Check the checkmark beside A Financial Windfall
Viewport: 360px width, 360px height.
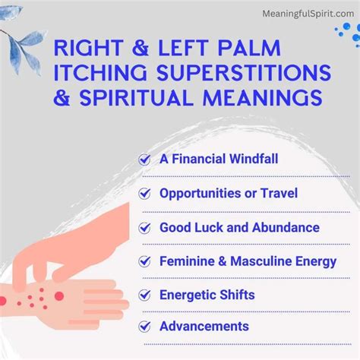tap(145, 160)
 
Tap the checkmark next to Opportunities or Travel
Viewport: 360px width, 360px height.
tap(145, 194)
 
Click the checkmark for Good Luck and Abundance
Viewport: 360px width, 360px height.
tap(145, 227)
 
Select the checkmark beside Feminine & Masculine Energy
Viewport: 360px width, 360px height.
tap(145, 261)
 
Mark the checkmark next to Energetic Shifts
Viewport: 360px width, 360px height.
tap(145, 294)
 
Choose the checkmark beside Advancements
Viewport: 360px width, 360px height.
tap(145, 327)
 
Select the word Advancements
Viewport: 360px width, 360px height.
tap(204, 327)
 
